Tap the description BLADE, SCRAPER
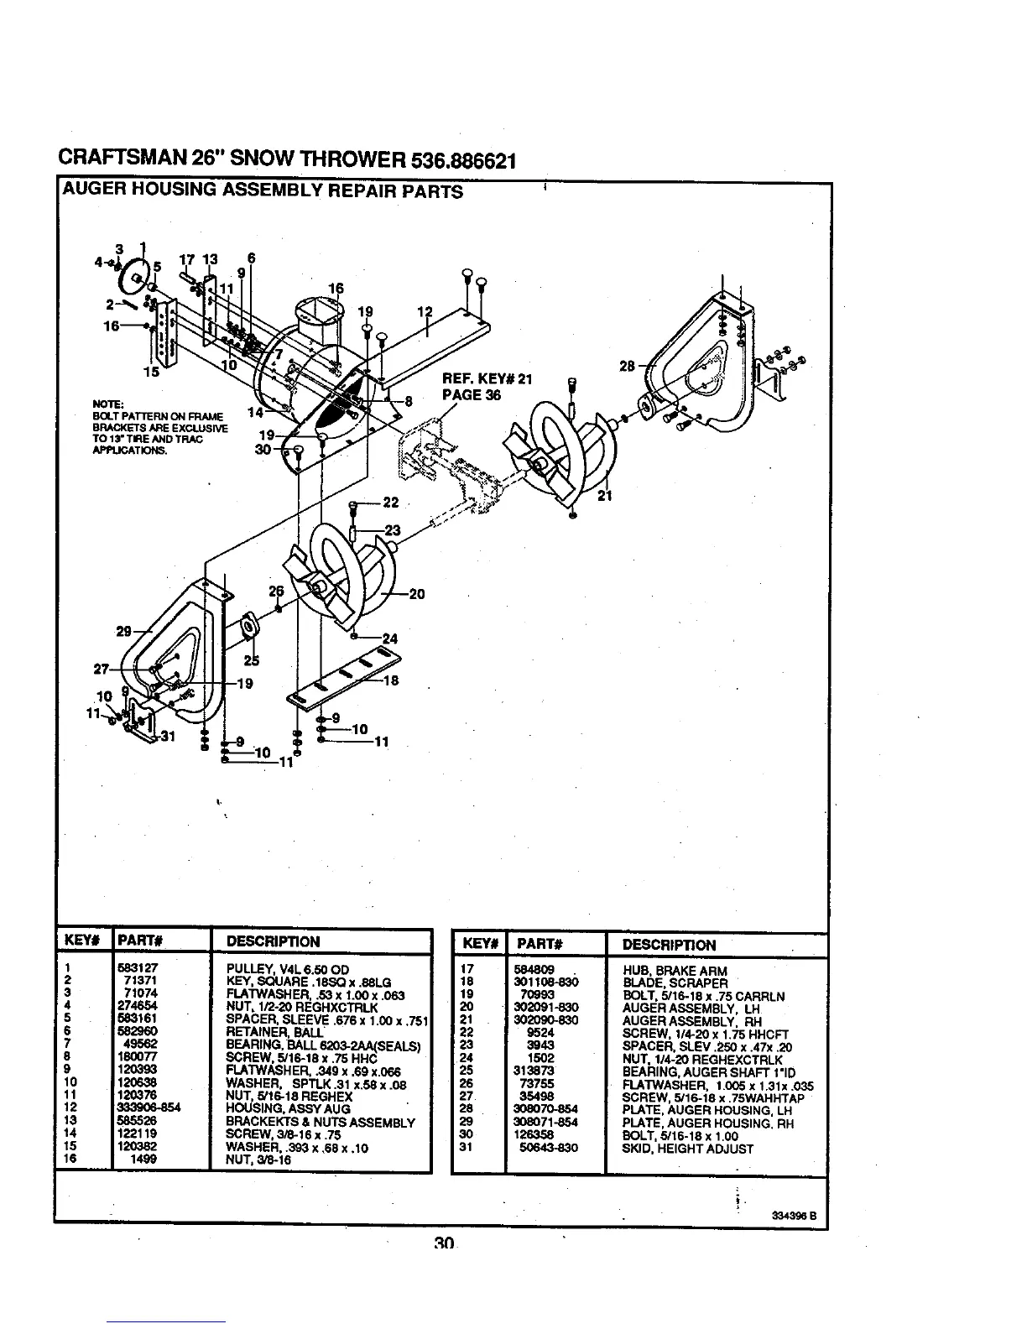pyautogui.click(x=675, y=983)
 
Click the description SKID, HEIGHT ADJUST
pyautogui.click(x=688, y=1149)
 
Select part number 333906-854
pyautogui.click(x=150, y=1107)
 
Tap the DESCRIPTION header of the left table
pyautogui.click(x=274, y=941)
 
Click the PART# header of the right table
pyautogui.click(x=539, y=944)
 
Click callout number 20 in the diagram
pyautogui.click(x=417, y=595)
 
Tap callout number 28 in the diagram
pyautogui.click(x=627, y=367)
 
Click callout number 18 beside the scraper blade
pyautogui.click(x=391, y=681)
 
